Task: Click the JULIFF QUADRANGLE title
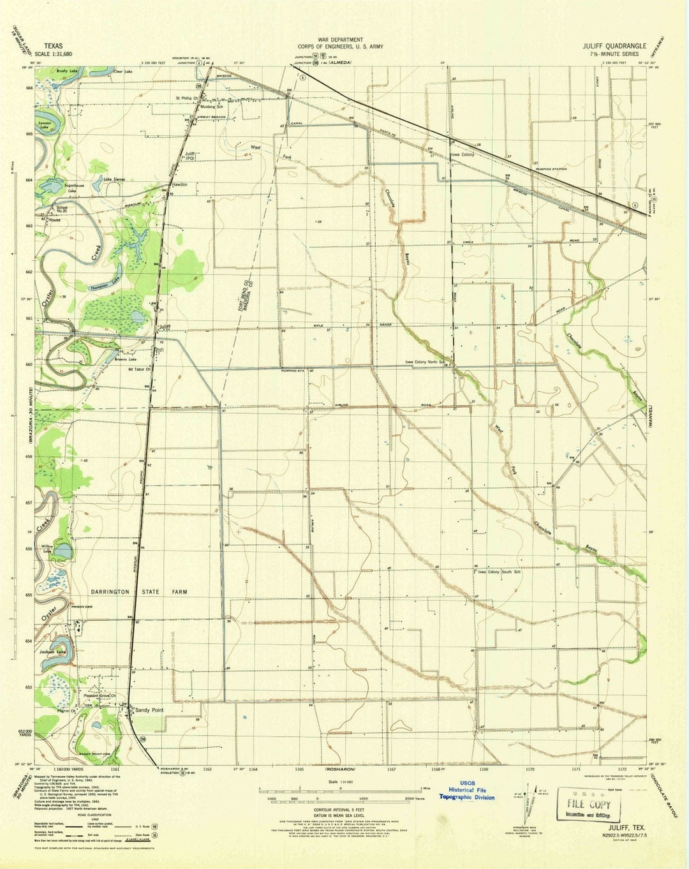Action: coord(614,46)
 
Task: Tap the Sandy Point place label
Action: coord(149,710)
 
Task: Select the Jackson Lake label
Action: coord(52,652)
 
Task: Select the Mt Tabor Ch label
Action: coord(139,369)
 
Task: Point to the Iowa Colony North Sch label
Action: coord(424,362)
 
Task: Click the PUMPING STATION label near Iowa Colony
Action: coord(551,169)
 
